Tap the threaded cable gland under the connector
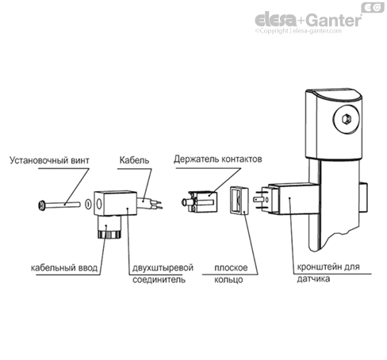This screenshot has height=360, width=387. tap(108, 231)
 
